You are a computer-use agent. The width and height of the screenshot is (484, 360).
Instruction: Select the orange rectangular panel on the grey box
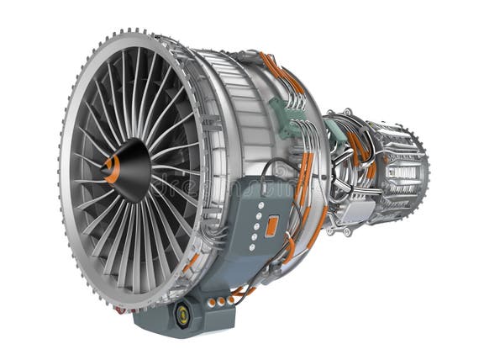click(x=272, y=225)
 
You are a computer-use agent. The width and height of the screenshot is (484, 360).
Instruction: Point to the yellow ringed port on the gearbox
click(x=181, y=315)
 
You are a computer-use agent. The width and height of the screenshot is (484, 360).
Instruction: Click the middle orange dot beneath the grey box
click(x=221, y=300)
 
